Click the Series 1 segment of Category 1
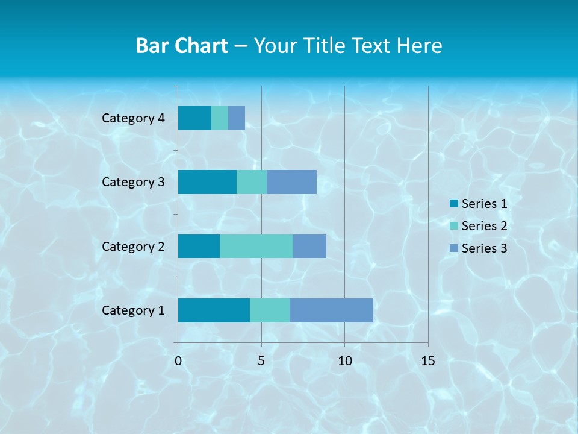point(214,310)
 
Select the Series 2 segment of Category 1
point(269,310)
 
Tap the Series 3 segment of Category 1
point(331,310)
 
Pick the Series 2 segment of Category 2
point(256,246)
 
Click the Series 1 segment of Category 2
point(199,246)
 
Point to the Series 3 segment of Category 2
point(309,246)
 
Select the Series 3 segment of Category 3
point(291,182)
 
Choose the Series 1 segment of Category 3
point(207,182)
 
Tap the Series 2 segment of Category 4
point(220,118)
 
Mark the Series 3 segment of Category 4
point(237,118)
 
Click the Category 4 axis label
point(133,118)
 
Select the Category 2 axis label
point(133,246)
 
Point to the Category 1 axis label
point(133,310)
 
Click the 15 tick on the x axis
point(427,361)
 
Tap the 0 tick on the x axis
point(178,361)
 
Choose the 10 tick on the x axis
point(344,361)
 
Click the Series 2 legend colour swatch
point(454,226)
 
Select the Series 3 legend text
point(484,248)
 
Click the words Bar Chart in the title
point(182,46)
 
